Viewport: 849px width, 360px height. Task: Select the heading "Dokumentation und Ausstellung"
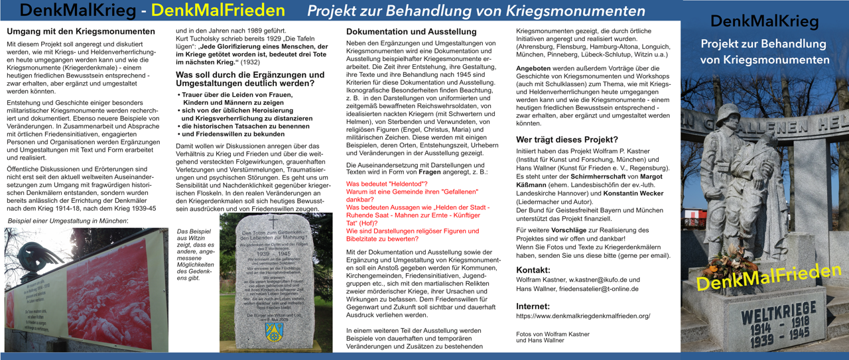tap(411, 31)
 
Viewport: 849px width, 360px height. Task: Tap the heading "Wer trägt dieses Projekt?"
tap(567, 139)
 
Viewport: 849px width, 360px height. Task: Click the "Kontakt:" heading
tap(533, 270)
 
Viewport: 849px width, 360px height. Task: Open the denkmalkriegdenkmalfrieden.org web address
tap(583, 316)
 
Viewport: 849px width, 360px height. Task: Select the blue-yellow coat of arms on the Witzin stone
tap(271, 330)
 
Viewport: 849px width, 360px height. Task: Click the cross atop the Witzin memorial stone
tap(271, 223)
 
